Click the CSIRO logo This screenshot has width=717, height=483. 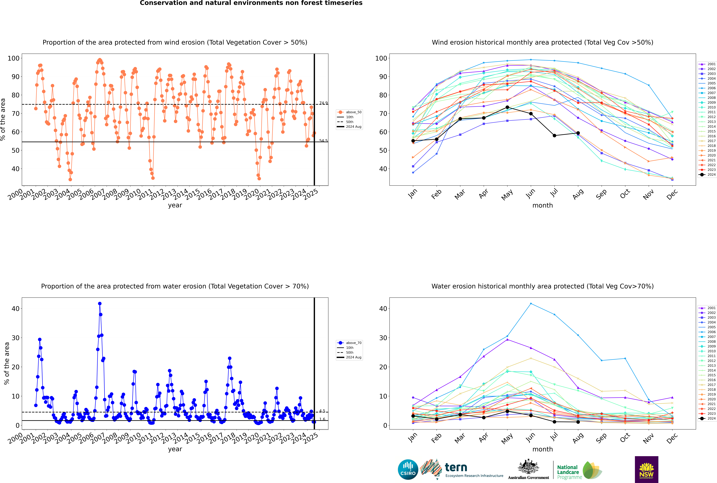click(x=408, y=469)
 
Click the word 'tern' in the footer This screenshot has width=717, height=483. click(x=456, y=467)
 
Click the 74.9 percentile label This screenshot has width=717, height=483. click(x=323, y=103)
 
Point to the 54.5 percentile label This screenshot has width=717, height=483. click(x=323, y=141)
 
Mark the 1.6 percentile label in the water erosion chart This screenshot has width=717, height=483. click(x=322, y=419)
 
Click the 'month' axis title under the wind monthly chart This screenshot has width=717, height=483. click(x=543, y=205)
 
